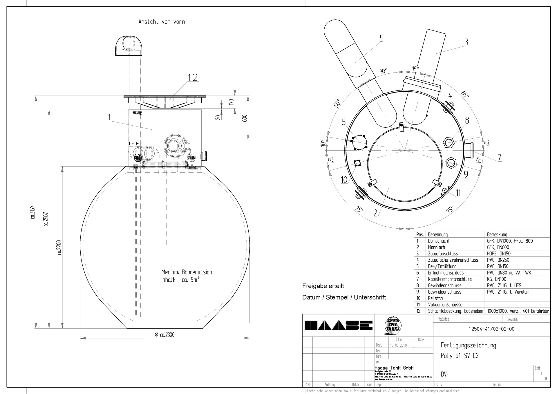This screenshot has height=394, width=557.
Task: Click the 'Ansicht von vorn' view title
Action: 162,22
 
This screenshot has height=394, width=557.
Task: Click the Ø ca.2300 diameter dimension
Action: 165,335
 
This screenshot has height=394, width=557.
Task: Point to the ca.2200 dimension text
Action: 59,247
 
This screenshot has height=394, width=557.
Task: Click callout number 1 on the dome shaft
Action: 109,117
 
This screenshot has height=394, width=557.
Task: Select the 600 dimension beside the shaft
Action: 245,118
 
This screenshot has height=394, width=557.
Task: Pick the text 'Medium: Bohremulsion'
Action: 187,272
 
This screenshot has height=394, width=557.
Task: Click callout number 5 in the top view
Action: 381,38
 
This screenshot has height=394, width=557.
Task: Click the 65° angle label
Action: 465,95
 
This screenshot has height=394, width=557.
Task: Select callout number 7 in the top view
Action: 499,158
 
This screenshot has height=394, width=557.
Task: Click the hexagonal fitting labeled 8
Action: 448,142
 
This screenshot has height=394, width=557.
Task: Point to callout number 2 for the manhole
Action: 375,213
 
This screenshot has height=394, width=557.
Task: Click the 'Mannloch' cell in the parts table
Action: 436,247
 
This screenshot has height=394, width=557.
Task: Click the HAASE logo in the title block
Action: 338,326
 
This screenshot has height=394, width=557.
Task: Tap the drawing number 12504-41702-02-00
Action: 491,329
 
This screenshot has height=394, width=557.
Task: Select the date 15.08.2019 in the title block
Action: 398,345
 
